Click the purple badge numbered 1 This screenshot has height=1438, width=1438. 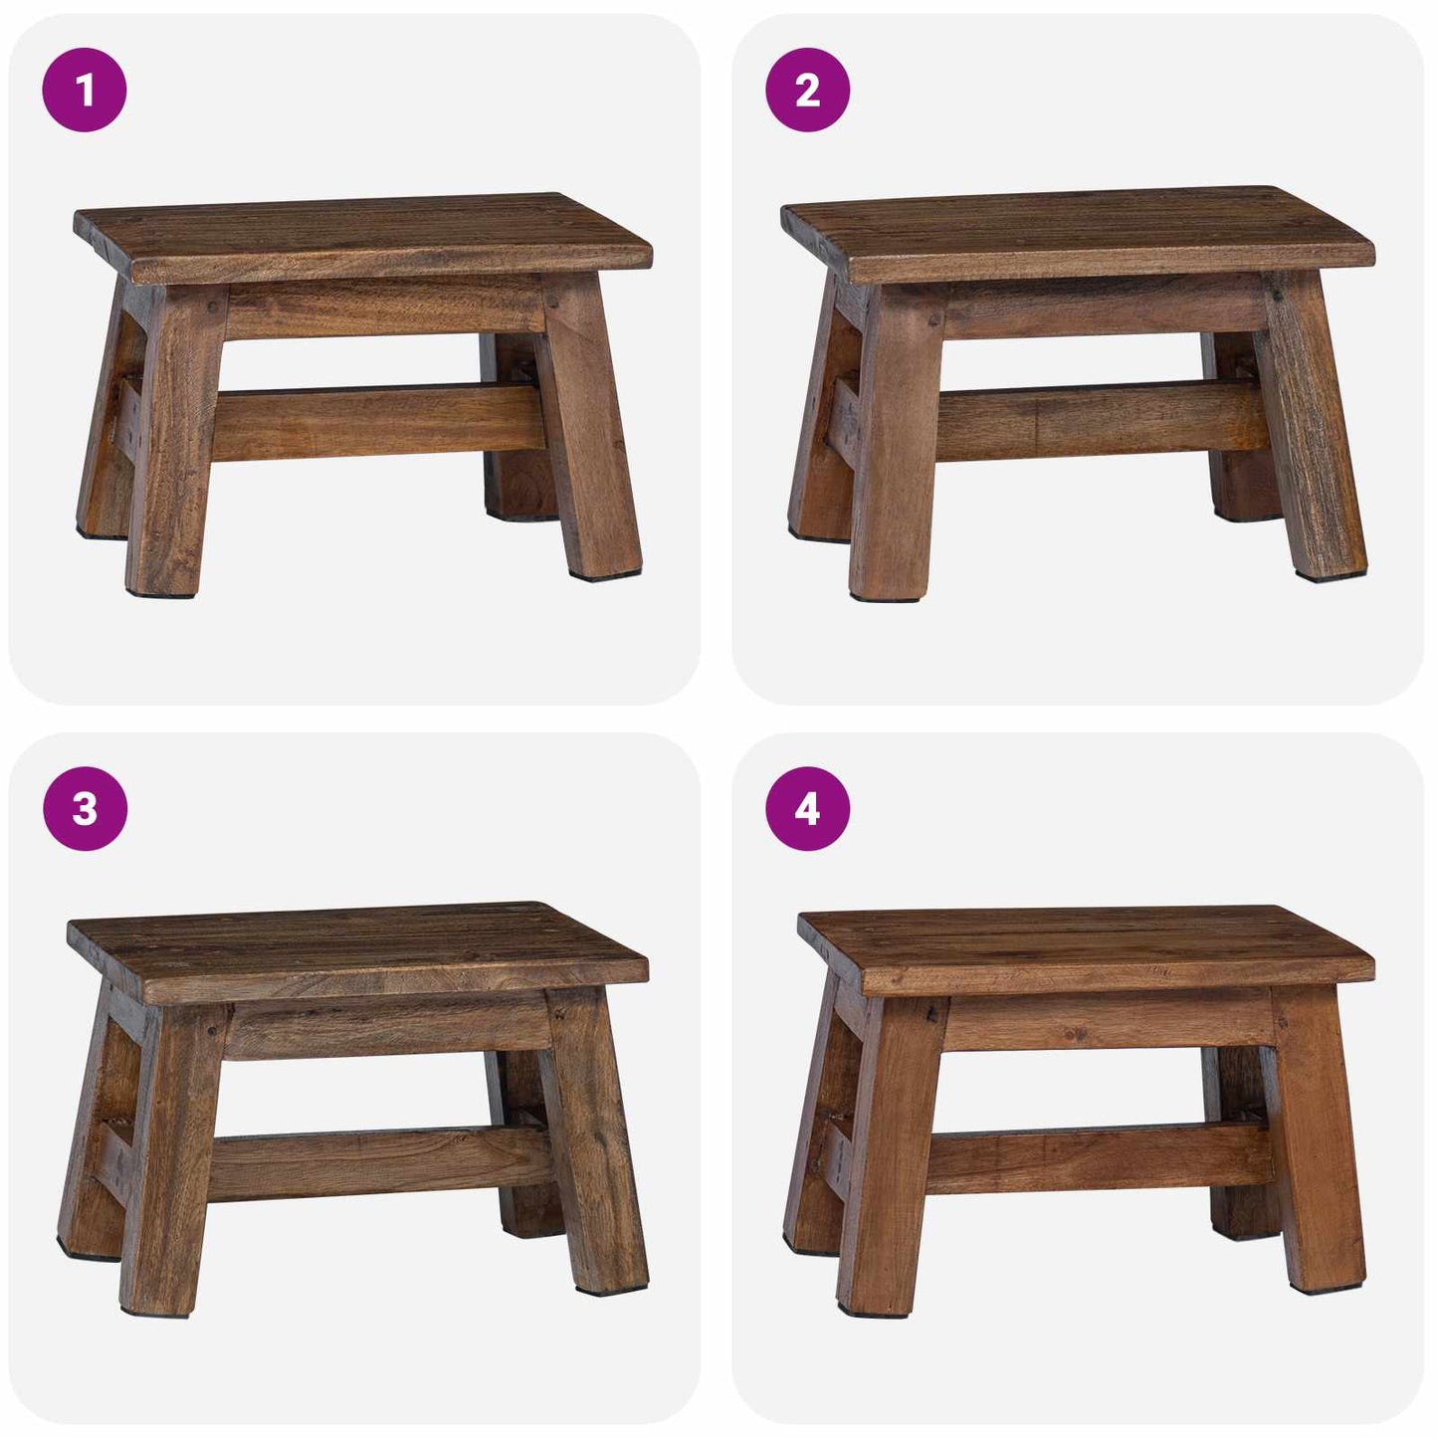pyautogui.click(x=85, y=91)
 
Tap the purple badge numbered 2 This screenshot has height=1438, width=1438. pyautogui.click(x=807, y=91)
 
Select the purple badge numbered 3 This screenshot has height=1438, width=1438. pyautogui.click(x=85, y=808)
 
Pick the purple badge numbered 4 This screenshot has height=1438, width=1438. pyautogui.click(x=807, y=808)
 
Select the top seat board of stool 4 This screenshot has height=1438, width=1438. pyautogui.click(x=1085, y=950)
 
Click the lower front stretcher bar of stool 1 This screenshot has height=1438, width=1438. pyautogui.click(x=378, y=423)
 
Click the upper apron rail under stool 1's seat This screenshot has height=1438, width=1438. pyautogui.click(x=383, y=307)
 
